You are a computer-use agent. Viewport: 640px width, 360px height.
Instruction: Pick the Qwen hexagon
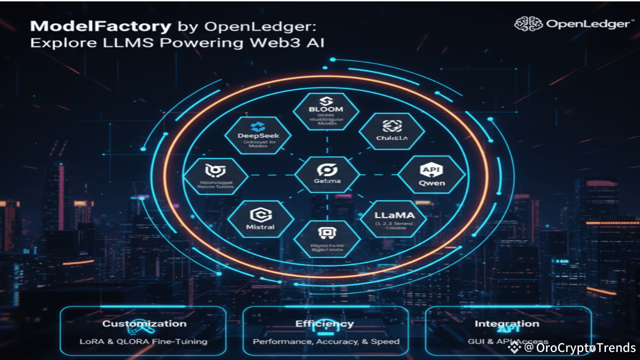pyautogui.click(x=431, y=175)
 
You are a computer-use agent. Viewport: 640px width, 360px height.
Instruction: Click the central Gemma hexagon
pyautogui.click(x=326, y=174)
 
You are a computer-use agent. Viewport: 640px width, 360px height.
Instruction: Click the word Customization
pyautogui.click(x=144, y=323)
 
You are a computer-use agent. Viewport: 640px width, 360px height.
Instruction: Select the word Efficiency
pyautogui.click(x=324, y=323)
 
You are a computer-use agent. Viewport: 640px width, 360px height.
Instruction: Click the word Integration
pyautogui.click(x=507, y=323)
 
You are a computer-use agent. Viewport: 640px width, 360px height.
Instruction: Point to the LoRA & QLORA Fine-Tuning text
pyautogui.click(x=144, y=341)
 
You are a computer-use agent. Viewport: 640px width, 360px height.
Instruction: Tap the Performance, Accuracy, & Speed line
pyautogui.click(x=326, y=341)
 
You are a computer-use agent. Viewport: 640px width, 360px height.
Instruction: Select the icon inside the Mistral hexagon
pyautogui.click(x=260, y=214)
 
